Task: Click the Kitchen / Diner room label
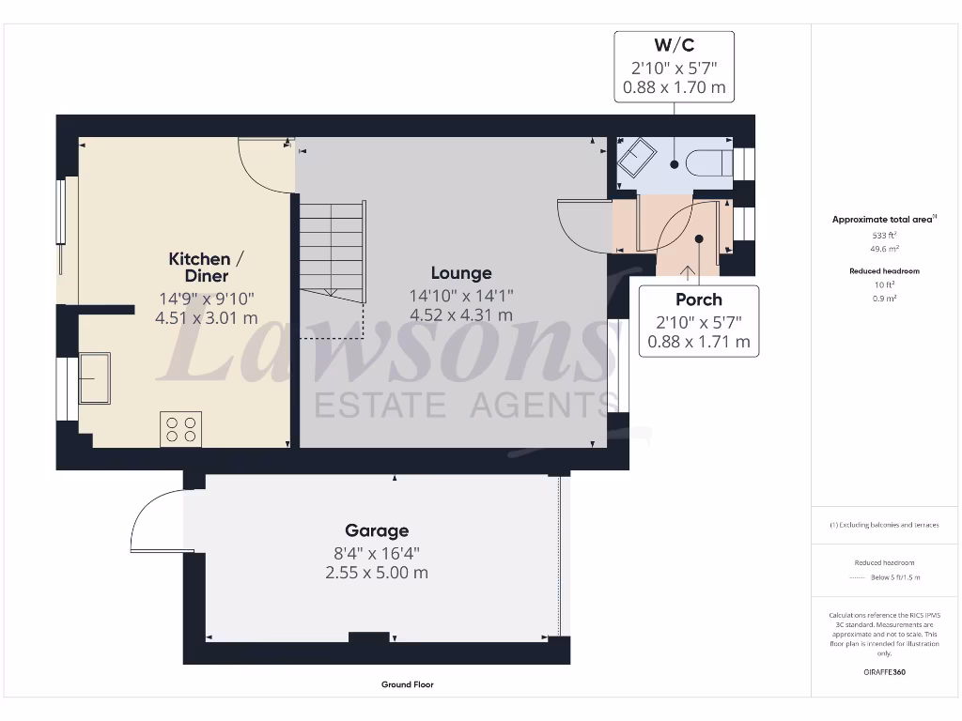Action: tap(199, 268)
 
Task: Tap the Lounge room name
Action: tap(461, 273)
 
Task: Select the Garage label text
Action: tap(377, 530)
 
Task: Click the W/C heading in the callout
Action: tap(674, 44)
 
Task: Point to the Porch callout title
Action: tap(699, 299)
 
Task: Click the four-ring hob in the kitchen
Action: tap(180, 429)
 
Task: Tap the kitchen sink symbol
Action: tap(94, 375)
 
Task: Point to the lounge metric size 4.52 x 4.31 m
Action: tap(461, 315)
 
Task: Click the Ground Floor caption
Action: tap(408, 684)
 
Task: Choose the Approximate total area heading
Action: tap(882, 219)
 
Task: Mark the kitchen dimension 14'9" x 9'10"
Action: tap(206, 299)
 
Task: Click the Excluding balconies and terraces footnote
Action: tap(883, 525)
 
